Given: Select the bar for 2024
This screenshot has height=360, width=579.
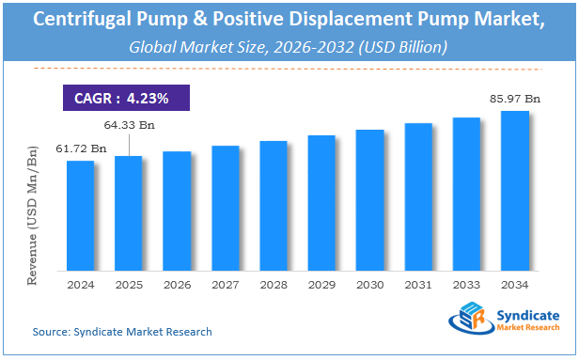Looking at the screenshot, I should click(80, 215).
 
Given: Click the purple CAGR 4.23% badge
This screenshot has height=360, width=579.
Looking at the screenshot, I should click(127, 98).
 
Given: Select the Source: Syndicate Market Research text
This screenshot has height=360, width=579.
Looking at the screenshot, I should click(122, 332).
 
